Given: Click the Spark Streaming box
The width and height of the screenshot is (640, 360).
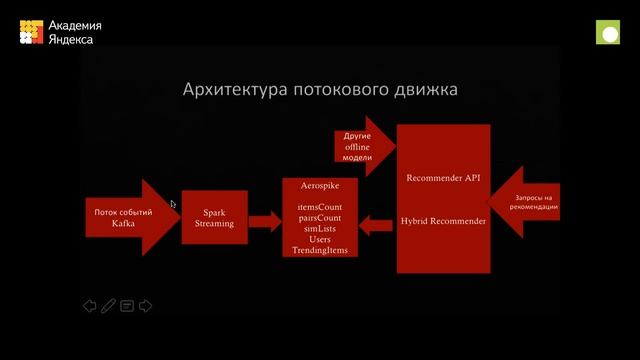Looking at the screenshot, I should [x=214, y=218].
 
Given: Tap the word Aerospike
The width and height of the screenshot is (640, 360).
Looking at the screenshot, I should [x=319, y=186].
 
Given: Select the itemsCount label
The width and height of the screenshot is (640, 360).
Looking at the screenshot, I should [x=319, y=206].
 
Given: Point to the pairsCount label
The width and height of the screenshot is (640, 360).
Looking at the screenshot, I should [x=319, y=217].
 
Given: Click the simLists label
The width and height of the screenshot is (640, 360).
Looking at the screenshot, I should [x=319, y=228].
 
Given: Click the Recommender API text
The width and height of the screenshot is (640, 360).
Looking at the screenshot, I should [x=443, y=178].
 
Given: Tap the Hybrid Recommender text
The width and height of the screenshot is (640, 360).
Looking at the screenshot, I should [x=443, y=220].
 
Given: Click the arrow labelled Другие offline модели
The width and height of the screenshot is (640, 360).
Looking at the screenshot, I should [x=359, y=146].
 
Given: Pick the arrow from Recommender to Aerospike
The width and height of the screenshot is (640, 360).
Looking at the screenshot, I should [x=376, y=225].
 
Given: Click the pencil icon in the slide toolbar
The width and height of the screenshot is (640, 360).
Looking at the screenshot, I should [x=108, y=306].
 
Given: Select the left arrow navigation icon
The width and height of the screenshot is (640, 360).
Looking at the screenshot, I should [x=89, y=306].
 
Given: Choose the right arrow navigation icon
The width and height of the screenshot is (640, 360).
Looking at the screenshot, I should [x=146, y=306].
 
